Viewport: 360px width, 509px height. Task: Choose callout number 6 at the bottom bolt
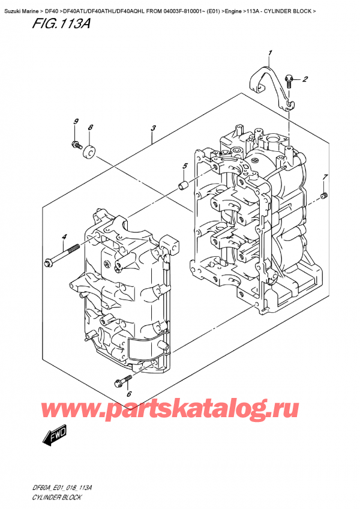coord(128,394)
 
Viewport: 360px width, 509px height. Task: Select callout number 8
coord(90,127)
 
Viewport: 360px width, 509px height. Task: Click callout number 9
coord(76,122)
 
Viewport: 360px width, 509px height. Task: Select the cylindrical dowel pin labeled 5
coord(184,184)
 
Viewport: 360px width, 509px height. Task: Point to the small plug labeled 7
coord(324,196)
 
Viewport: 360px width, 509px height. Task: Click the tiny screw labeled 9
coord(76,144)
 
